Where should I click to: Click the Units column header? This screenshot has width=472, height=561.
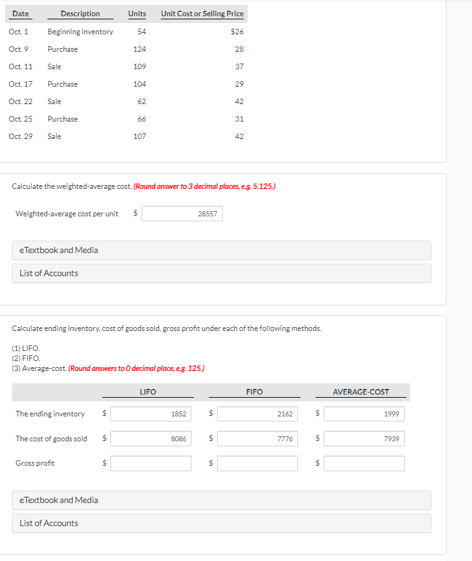click(x=137, y=14)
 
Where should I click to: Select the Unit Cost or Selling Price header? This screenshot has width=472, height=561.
click(x=202, y=14)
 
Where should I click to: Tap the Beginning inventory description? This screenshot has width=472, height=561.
click(x=80, y=32)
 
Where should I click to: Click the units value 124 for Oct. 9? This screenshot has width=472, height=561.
click(x=140, y=49)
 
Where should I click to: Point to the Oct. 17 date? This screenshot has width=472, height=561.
click(x=21, y=84)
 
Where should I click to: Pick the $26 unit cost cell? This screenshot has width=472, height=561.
click(x=237, y=32)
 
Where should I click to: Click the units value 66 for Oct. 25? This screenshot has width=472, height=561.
click(x=142, y=119)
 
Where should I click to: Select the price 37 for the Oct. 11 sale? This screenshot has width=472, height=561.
click(x=239, y=67)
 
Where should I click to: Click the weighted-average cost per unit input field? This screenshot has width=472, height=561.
click(x=181, y=214)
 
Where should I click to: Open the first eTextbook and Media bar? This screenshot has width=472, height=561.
click(x=221, y=251)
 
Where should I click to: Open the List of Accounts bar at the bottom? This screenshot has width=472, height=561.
click(x=221, y=524)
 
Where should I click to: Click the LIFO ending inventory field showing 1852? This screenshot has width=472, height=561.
click(x=152, y=414)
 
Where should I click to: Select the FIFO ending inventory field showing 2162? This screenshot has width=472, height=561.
click(x=258, y=414)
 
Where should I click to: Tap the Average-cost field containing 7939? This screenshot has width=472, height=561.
click(x=364, y=439)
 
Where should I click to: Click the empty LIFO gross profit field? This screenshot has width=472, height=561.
click(x=152, y=463)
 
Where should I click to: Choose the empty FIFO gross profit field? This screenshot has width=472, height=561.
click(x=258, y=463)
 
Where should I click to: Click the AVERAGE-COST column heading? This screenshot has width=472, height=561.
click(x=361, y=392)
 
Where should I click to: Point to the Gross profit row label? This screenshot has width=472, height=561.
click(x=35, y=463)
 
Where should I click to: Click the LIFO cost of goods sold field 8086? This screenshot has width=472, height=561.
click(x=152, y=439)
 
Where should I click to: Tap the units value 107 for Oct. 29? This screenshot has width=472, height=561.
click(x=140, y=137)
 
